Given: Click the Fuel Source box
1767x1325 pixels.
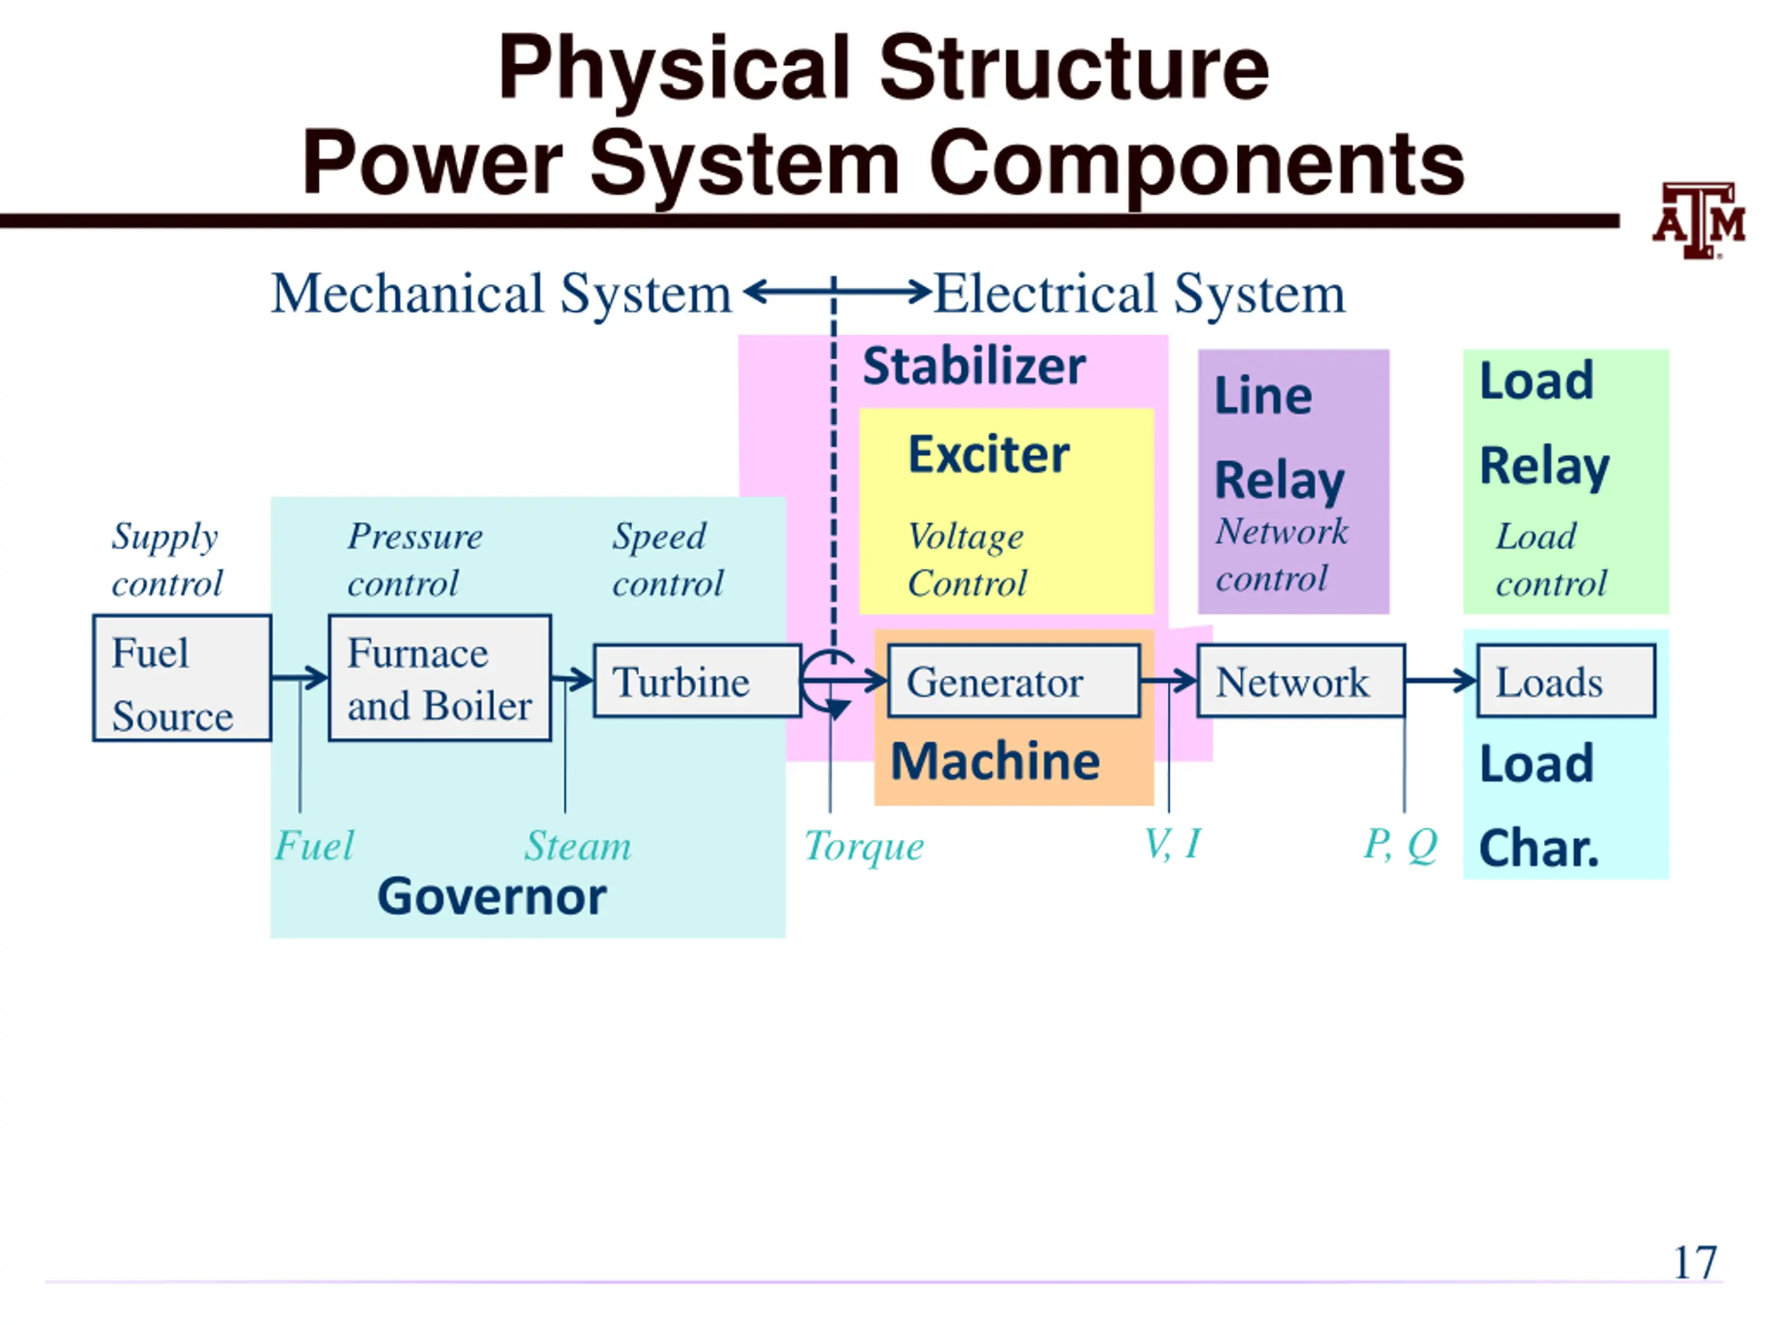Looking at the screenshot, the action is coord(182,678).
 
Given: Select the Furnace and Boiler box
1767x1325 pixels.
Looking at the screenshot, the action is coord(440,678).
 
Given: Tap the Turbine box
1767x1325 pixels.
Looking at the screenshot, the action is coord(697,680).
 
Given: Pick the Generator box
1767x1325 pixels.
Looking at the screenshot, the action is coord(1014,680).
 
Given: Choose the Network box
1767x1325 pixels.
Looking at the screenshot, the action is coord(1300,680).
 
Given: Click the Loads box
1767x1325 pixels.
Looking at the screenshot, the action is coord(1565,680).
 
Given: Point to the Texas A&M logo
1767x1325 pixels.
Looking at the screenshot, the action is coord(1698,219).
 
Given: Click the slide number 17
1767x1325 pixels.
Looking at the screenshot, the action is coord(1695,1262).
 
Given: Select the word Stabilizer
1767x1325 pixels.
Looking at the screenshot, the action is coord(974,366).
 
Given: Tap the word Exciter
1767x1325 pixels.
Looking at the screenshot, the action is coord(989,455).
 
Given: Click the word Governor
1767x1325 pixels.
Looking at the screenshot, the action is coord(492,896).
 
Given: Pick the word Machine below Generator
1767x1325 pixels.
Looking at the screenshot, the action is coord(995,760).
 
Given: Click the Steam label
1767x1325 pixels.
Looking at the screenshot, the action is coord(578,845).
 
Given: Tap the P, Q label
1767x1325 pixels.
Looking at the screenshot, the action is coord(1400,845).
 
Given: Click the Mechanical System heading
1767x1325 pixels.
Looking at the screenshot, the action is coord(501,294).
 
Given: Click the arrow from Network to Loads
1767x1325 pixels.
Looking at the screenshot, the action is coord(1441,680).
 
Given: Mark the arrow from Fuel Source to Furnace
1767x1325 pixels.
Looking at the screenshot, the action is coord(300,678).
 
